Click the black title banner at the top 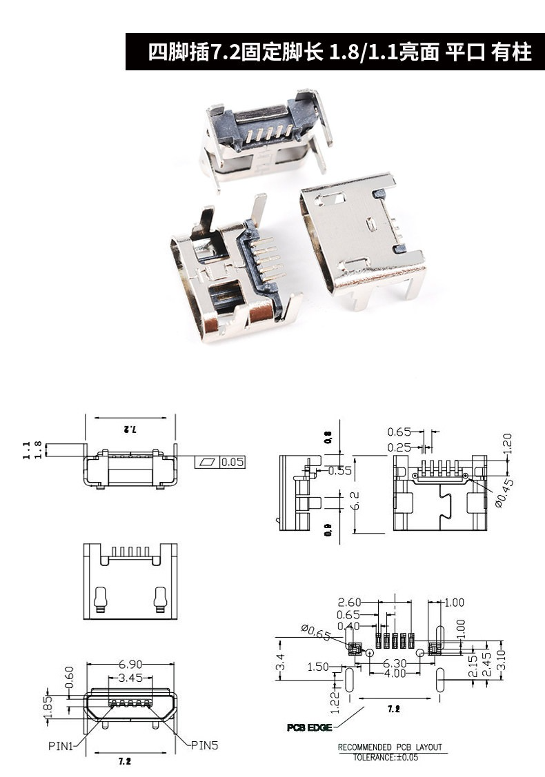(x=335, y=52)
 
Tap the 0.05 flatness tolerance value (x=232, y=463)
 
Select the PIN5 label (x=205, y=745)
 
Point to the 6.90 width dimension (x=130, y=664)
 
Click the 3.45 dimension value (x=130, y=678)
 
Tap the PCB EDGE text (x=310, y=727)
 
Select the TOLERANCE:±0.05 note (x=386, y=757)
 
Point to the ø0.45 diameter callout (x=504, y=493)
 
